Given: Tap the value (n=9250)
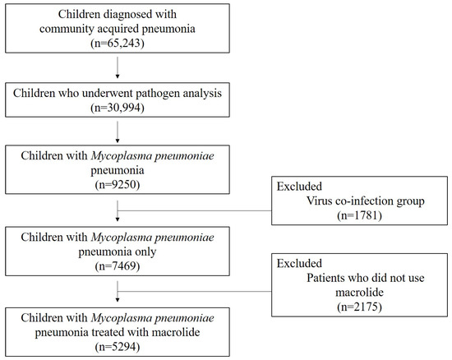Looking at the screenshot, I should pyautogui.click(x=119, y=186).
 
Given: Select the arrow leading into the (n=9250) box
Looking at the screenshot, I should pyautogui.click(x=119, y=138).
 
